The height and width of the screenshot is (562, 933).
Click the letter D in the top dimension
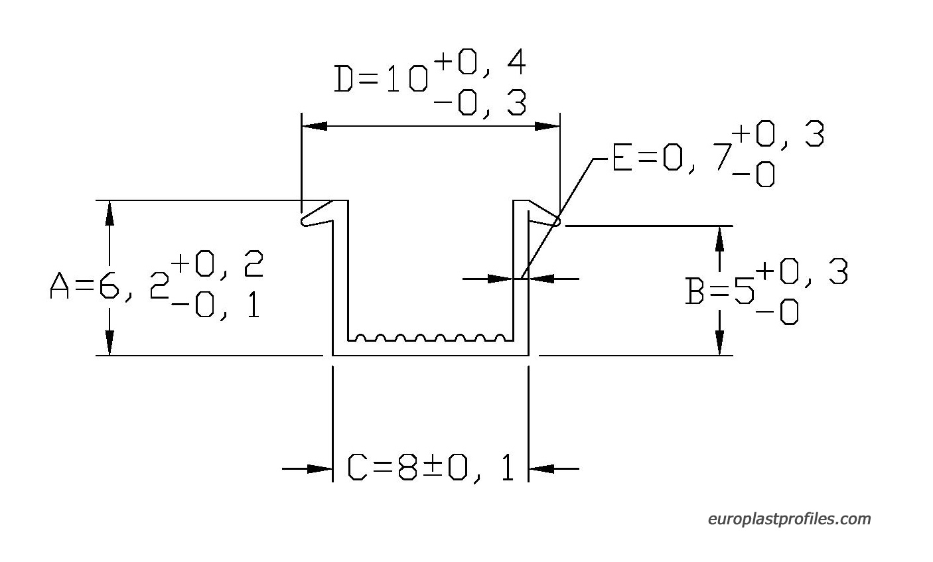tap(344, 78)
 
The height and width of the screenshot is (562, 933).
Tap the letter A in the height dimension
tap(59, 285)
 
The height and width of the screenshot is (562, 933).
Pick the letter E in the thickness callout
tap(622, 157)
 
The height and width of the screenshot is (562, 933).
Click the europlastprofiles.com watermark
tap(789, 519)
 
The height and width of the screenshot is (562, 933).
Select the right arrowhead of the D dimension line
tap(547, 126)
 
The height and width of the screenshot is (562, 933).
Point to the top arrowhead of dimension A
tap(109, 213)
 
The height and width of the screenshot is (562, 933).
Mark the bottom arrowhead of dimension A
tap(109, 343)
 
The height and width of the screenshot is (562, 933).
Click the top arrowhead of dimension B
tap(719, 238)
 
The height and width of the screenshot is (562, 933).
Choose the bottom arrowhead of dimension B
tap(719, 343)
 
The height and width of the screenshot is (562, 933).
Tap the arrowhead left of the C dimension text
tap(319, 468)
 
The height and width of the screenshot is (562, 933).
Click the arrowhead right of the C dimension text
tap(541, 468)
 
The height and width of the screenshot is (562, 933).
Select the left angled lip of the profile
tap(317, 214)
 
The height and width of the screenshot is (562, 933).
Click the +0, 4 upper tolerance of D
tap(480, 62)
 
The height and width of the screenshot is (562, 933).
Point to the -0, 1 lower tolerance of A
tap(216, 306)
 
